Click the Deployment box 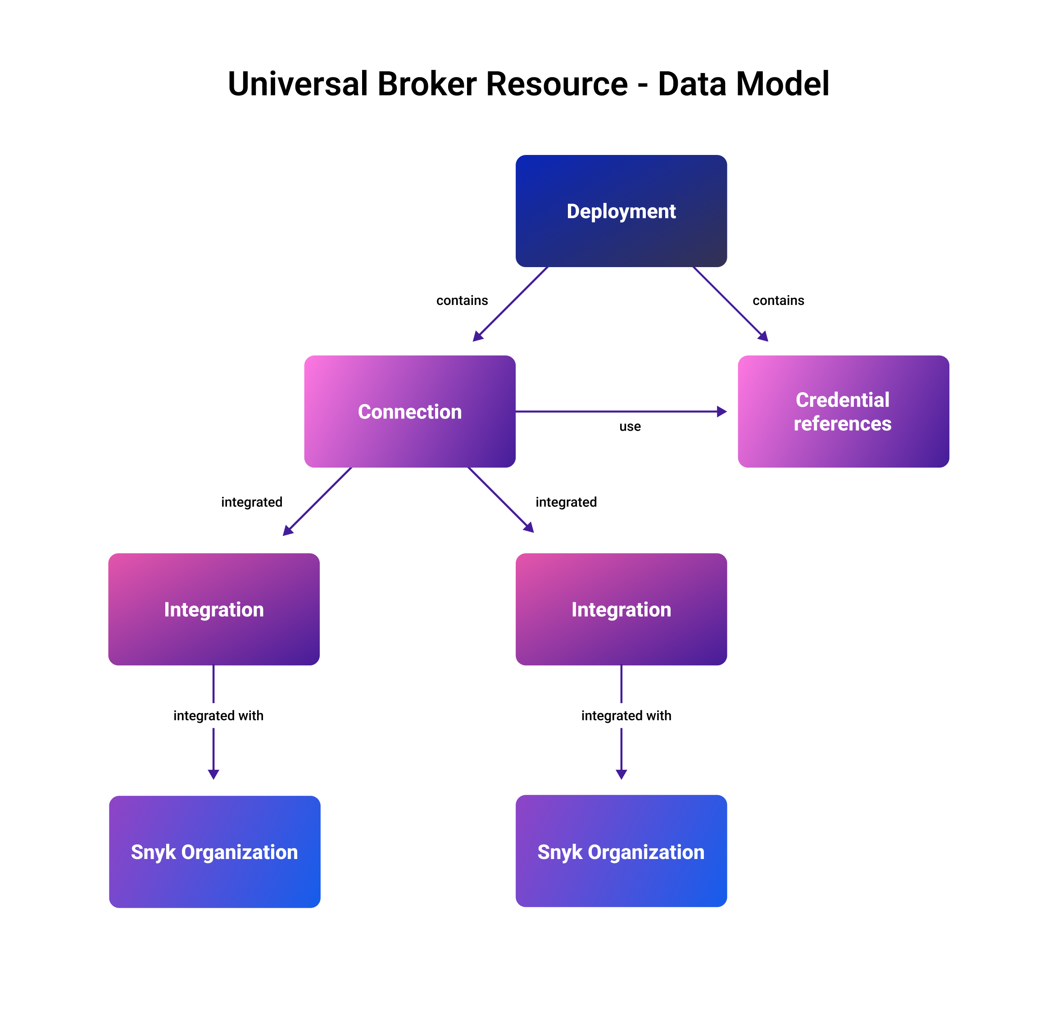pos(621,211)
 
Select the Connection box pos(410,411)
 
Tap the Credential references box pos(843,411)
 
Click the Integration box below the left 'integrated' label pos(214,609)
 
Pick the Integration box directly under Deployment pos(621,609)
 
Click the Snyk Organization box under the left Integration pos(214,852)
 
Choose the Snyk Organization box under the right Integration pos(621,851)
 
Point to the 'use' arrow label pos(630,427)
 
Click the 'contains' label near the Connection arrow pos(462,300)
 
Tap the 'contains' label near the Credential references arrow pos(778,300)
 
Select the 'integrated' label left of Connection pos(252,502)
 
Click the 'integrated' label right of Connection pos(566,502)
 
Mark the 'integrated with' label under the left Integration pos(218,716)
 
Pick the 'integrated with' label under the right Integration pos(626,716)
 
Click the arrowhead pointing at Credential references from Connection pos(721,411)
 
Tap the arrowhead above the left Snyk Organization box pos(213,774)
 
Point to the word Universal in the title pos(297,84)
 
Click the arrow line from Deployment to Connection pos(511,304)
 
